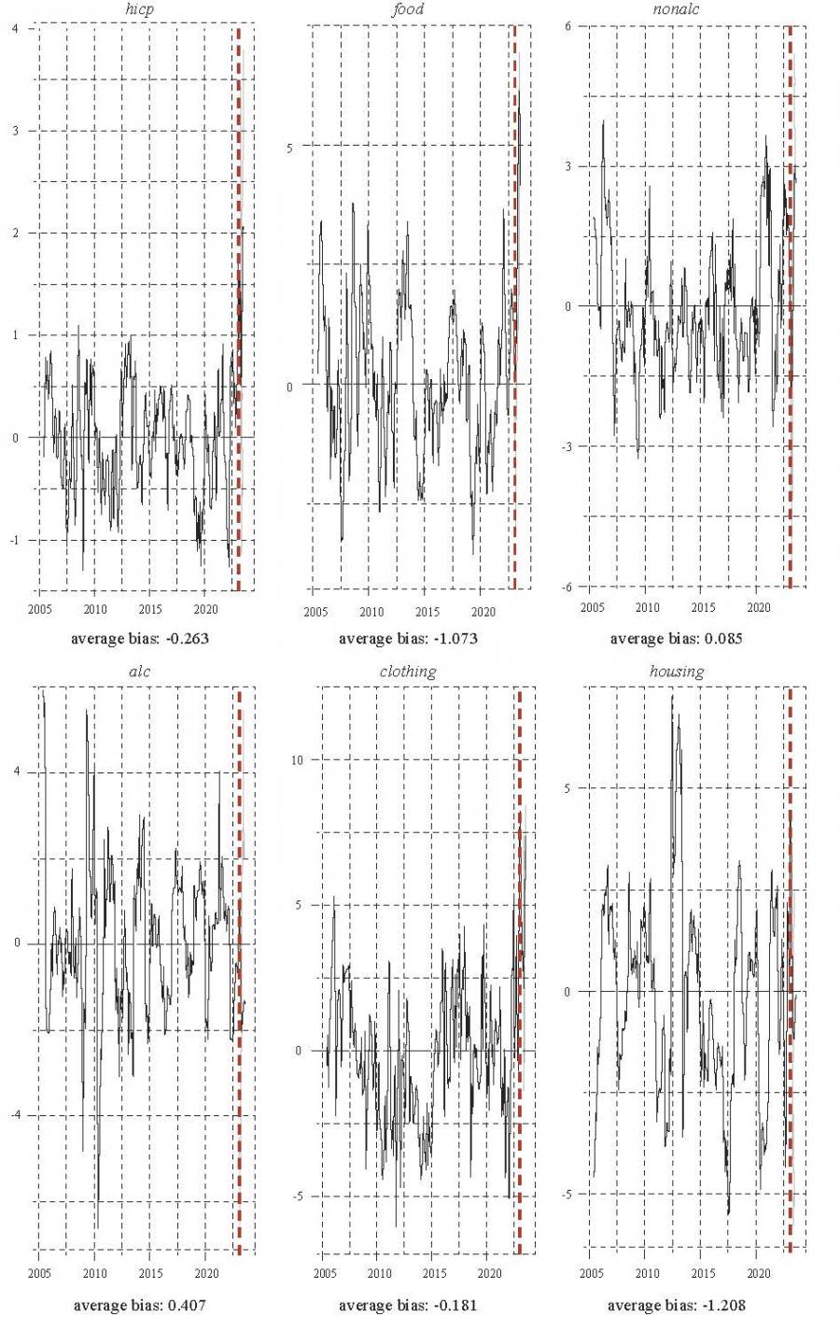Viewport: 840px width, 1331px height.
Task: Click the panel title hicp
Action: click(x=139, y=9)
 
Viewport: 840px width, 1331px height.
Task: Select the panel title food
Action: click(x=408, y=9)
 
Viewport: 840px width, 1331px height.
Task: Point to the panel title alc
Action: click(x=139, y=672)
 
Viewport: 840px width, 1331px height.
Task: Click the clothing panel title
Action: click(x=408, y=672)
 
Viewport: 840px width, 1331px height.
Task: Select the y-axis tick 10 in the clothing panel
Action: click(x=297, y=759)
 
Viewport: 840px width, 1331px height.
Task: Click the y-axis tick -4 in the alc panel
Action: click(x=15, y=1115)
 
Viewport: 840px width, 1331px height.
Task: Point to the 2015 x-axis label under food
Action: click(x=427, y=613)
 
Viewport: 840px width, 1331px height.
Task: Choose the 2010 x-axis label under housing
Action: click(x=647, y=1273)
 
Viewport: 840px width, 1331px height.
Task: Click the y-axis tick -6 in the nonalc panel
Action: click(x=567, y=586)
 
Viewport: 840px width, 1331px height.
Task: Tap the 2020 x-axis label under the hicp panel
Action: click(x=205, y=609)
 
